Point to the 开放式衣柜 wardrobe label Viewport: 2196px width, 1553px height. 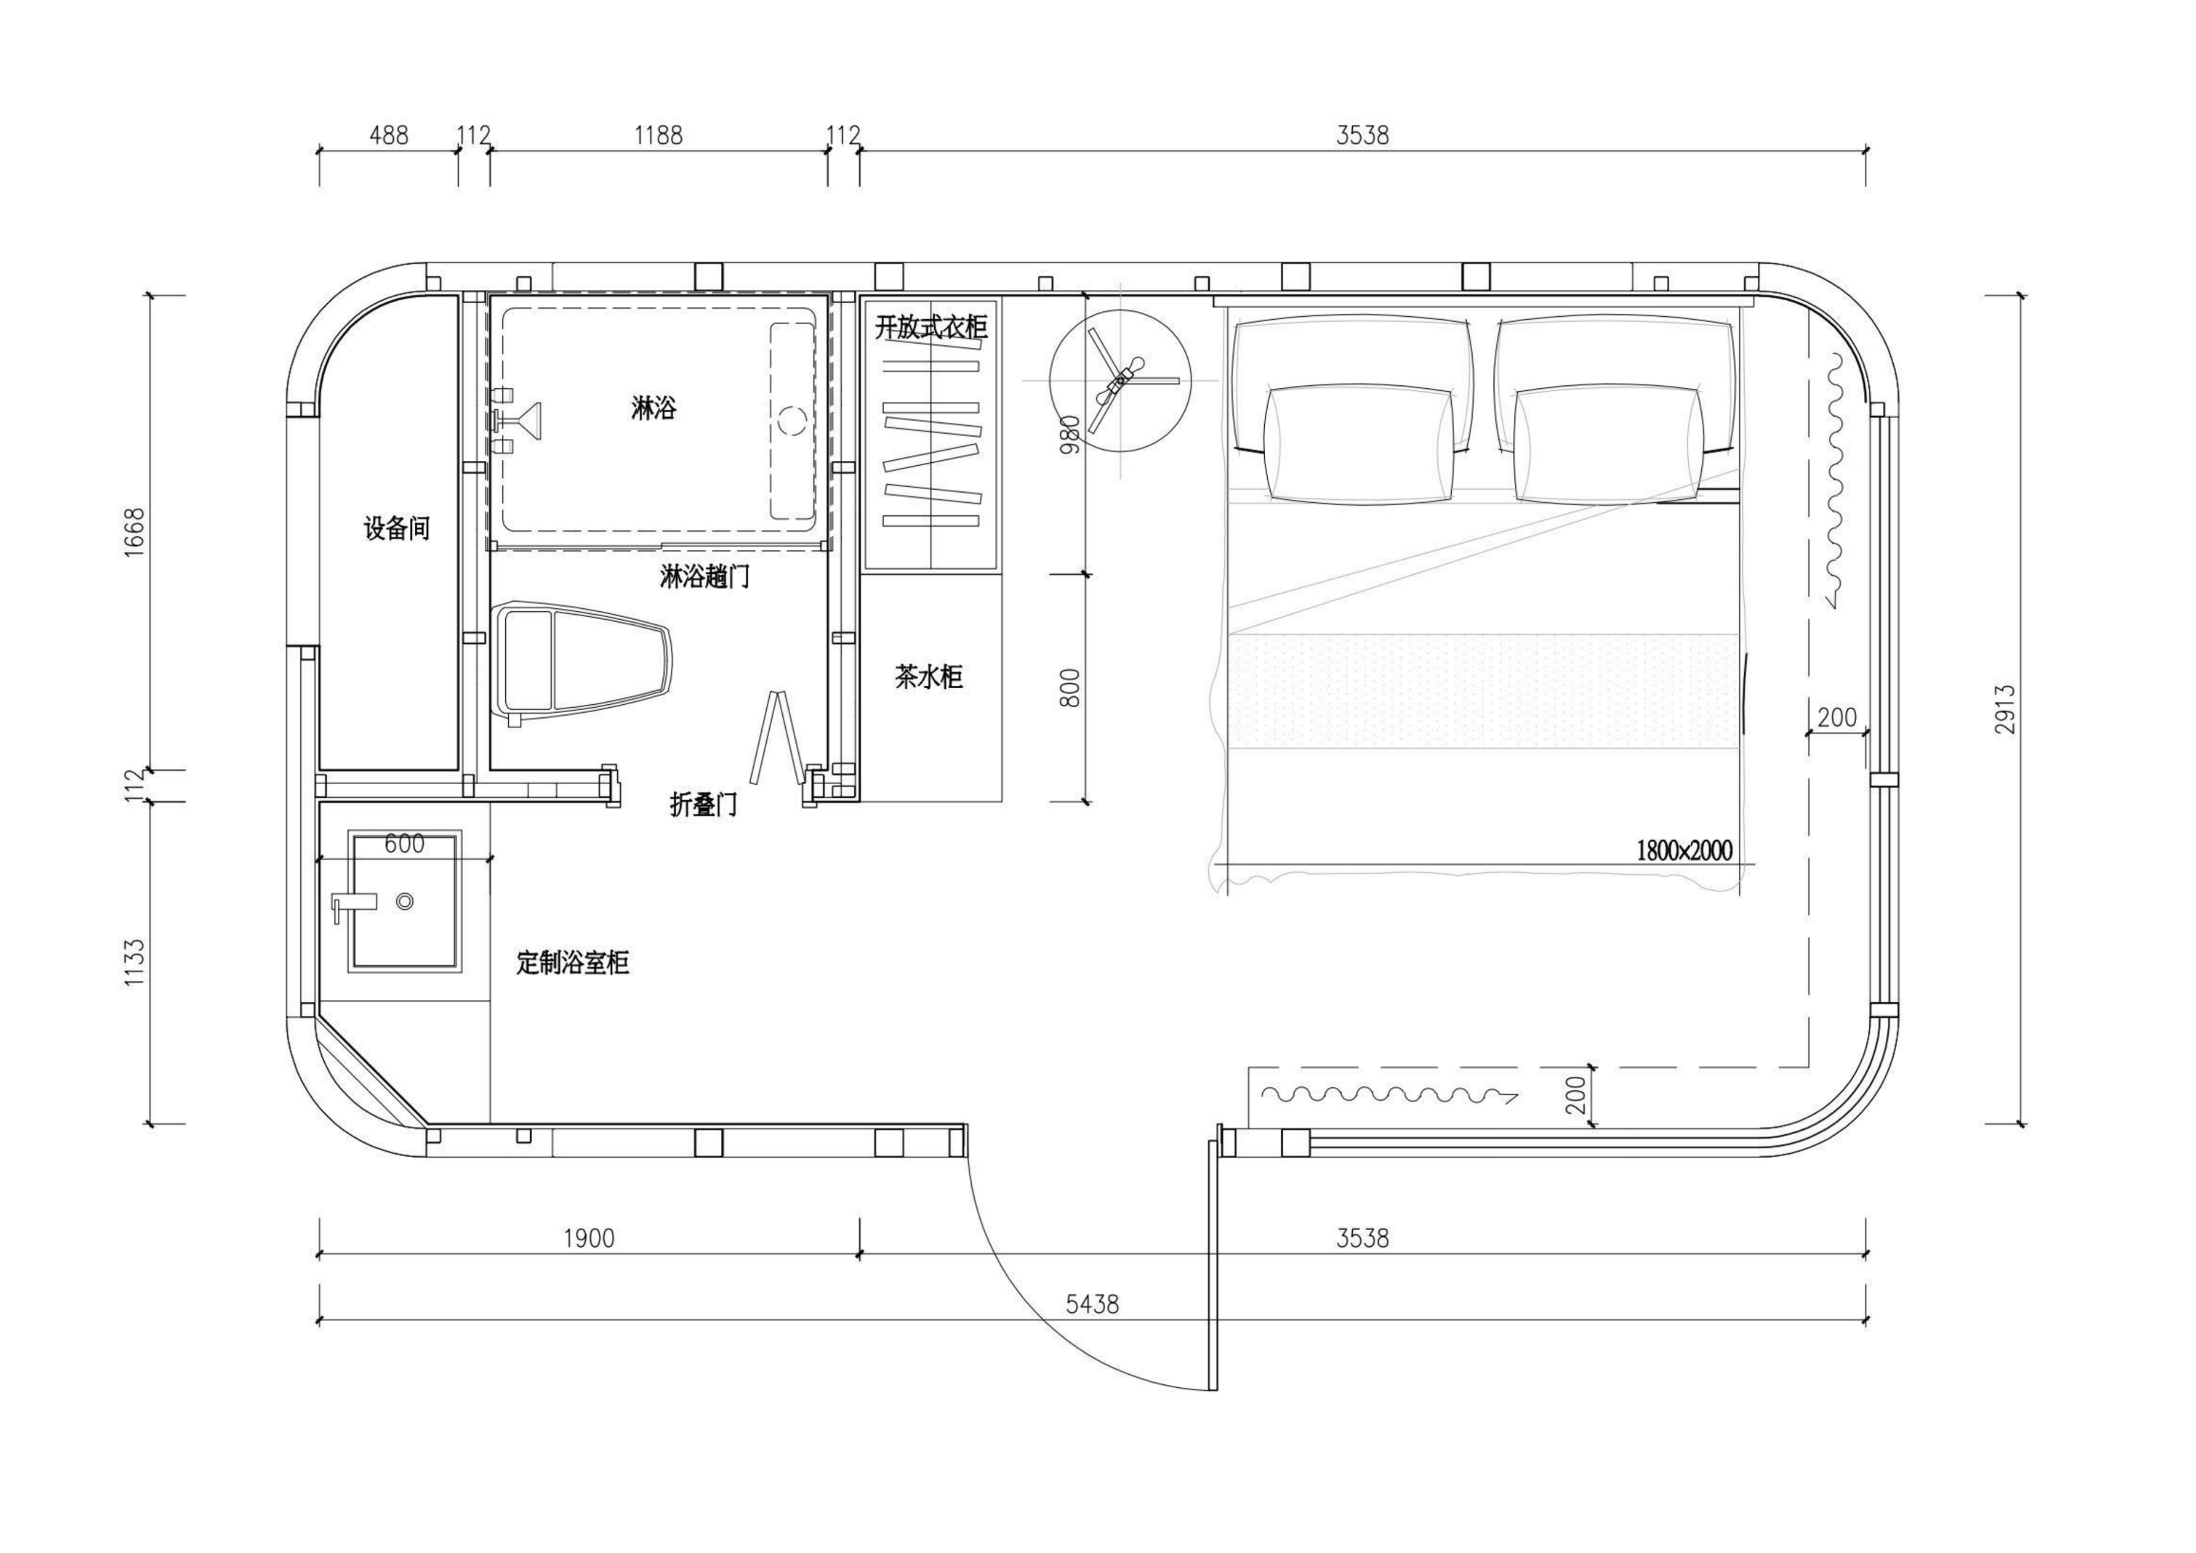931,327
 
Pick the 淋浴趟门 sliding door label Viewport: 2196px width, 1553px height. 704,577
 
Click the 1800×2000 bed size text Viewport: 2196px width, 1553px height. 1684,850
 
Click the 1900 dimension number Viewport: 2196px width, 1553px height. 588,1238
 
